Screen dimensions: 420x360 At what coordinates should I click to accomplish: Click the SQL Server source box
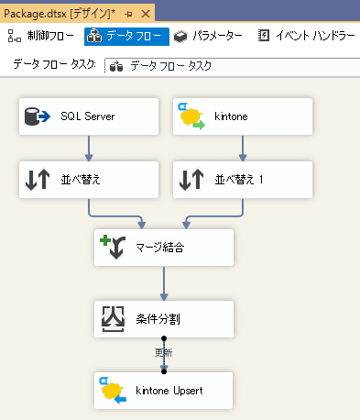pyautogui.click(x=88, y=116)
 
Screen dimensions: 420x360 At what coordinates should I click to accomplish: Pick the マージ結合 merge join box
pyautogui.click(x=164, y=248)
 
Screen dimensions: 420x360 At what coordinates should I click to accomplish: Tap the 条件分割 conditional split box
pyautogui.click(x=164, y=318)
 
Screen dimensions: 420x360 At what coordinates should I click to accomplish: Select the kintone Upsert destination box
pyautogui.click(x=164, y=390)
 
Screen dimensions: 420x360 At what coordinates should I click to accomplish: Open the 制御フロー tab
pyautogui.click(x=42, y=36)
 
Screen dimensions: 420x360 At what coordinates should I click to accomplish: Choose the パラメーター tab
pyautogui.click(x=208, y=36)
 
